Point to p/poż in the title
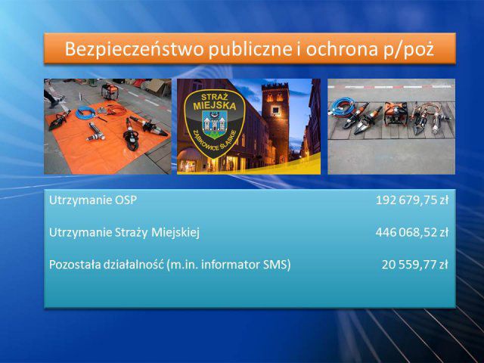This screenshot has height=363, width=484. (408, 50)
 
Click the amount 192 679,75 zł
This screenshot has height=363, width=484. (411, 200)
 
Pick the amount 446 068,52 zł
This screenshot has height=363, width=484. (411, 232)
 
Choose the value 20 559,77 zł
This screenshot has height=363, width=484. (414, 265)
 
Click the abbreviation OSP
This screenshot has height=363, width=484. (126, 200)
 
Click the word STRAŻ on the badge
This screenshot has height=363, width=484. (214, 96)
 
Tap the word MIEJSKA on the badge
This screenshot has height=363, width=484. (215, 106)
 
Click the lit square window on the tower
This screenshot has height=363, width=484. (275, 110)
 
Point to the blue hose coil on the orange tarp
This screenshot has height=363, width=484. (85, 113)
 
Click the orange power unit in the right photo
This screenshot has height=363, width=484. (396, 113)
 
